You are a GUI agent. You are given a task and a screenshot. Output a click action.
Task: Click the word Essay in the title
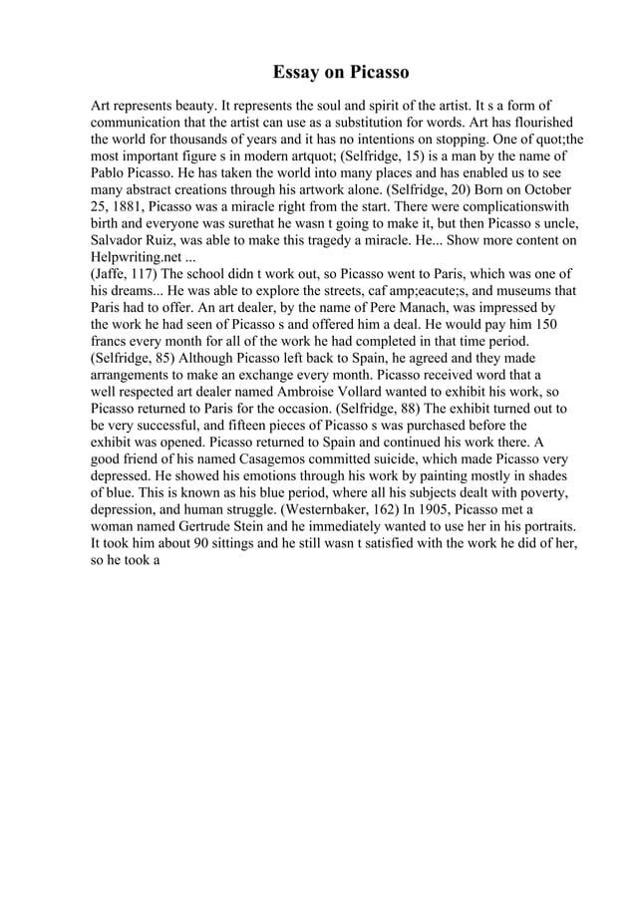298,73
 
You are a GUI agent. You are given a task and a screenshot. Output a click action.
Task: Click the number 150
546,326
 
